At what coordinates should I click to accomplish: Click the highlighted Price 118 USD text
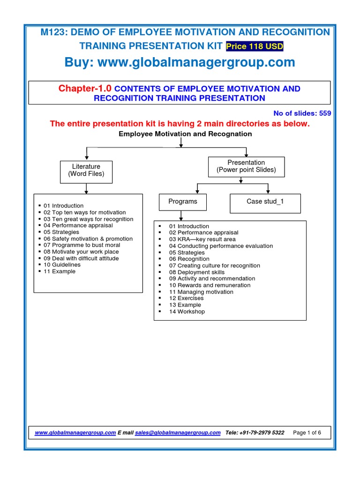255,46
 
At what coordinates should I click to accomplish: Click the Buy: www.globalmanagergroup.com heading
180,62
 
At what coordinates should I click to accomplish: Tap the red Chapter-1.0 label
85,89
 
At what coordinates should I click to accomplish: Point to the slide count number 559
325,112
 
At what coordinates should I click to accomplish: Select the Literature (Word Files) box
86,170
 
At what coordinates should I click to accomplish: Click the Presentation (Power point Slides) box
246,166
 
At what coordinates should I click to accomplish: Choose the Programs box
182,202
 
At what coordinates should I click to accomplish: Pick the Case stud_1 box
265,202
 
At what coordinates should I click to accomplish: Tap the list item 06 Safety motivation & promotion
88,239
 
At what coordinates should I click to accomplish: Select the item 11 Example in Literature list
60,271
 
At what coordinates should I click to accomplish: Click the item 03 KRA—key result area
202,239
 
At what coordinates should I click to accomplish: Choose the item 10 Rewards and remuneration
210,285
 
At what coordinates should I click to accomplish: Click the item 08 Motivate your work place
81,252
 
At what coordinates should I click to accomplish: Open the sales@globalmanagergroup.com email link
178,433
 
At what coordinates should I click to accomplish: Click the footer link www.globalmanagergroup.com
75,433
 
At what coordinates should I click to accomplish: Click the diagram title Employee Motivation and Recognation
185,134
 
